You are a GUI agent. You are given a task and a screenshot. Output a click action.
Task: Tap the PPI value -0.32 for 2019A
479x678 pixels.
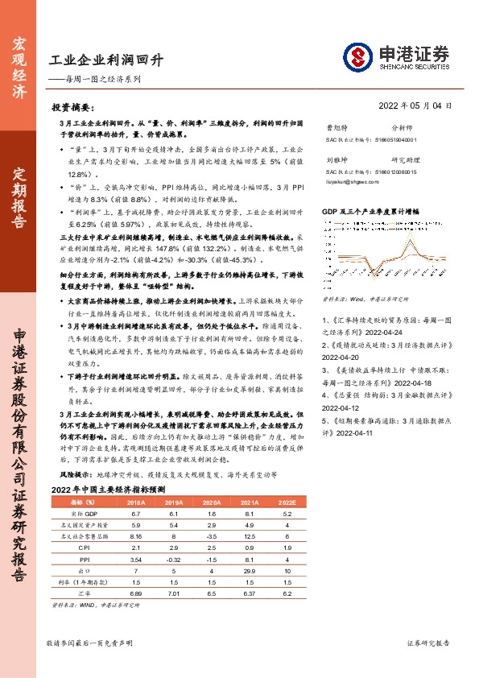[175, 557]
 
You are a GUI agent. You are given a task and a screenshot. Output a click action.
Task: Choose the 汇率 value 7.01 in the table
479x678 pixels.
[175, 592]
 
